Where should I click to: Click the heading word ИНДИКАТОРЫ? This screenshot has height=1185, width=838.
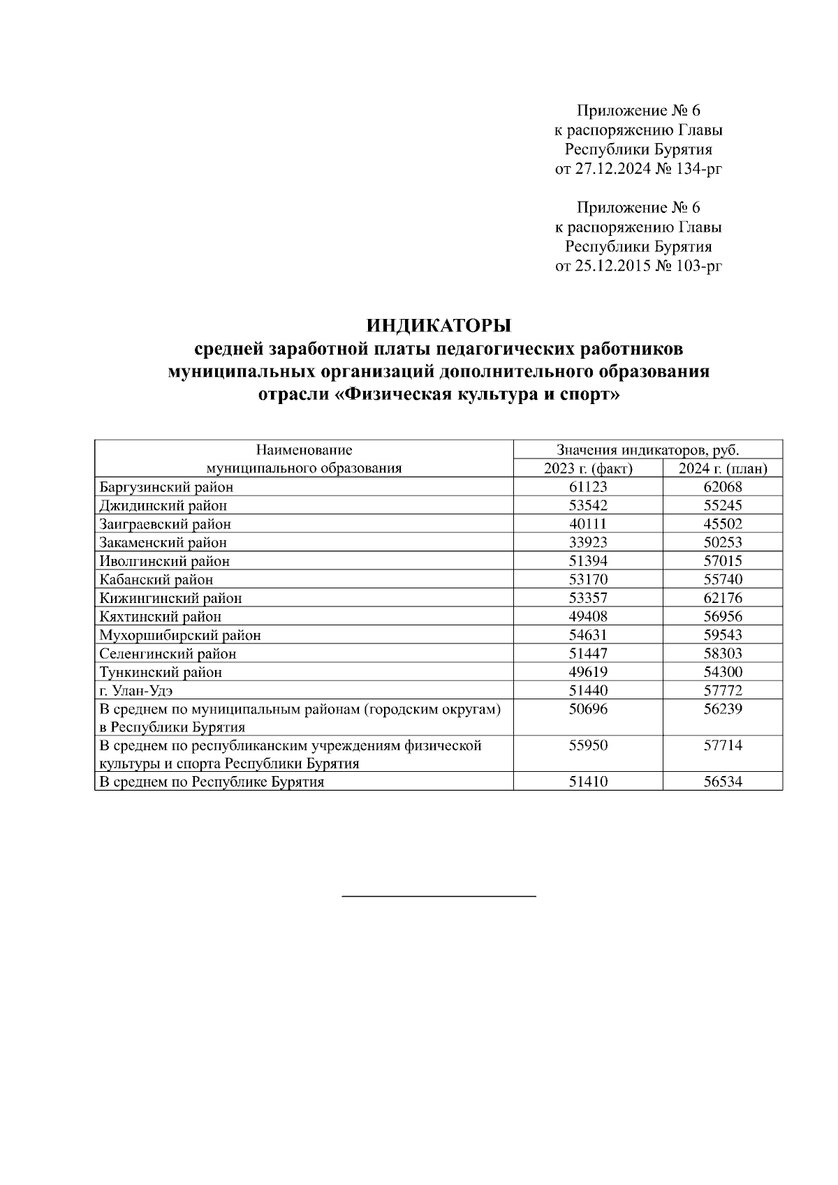[x=439, y=326]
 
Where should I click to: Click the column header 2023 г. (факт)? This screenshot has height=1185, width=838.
[x=588, y=468]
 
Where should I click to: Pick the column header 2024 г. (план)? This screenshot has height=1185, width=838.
[x=723, y=468]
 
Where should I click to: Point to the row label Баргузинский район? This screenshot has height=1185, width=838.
[x=166, y=487]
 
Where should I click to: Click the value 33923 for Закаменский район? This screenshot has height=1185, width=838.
[x=588, y=542]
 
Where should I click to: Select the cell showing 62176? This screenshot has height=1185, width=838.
[x=723, y=598]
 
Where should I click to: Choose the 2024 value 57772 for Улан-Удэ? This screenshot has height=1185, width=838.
[x=723, y=691]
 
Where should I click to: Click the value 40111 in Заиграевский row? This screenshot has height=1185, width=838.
[x=588, y=524]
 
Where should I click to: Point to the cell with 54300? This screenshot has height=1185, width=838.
[x=723, y=672]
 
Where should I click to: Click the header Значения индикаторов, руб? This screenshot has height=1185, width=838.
[x=647, y=450]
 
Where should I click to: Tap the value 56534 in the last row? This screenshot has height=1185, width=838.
[x=723, y=782]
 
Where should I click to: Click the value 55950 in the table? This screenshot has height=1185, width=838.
[x=588, y=746]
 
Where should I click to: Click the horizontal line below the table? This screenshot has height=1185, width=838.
[x=439, y=895]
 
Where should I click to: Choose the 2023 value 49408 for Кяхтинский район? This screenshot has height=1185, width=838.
[x=588, y=617]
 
